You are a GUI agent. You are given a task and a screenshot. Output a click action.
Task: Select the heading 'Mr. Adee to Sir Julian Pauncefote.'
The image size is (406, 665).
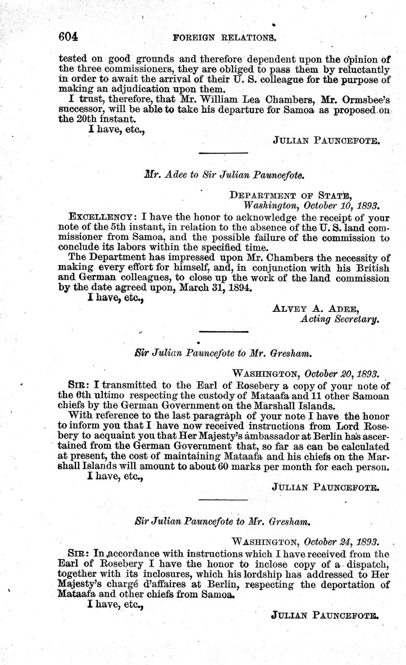coord(225,175)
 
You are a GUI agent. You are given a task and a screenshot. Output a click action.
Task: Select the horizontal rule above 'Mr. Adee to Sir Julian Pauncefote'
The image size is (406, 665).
coord(223,153)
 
